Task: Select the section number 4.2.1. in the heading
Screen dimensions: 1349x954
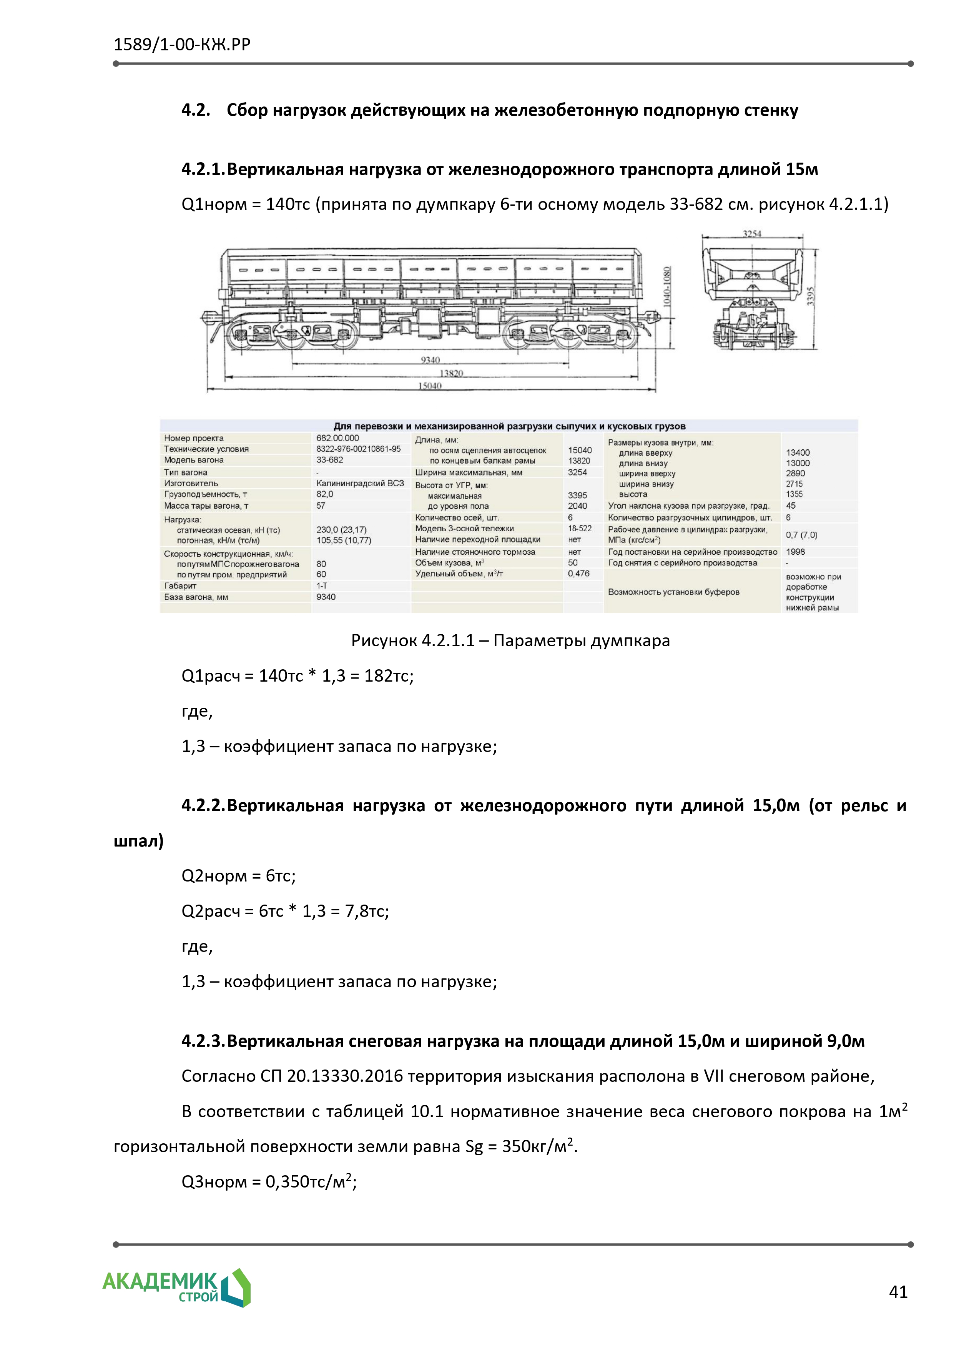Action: coord(203,170)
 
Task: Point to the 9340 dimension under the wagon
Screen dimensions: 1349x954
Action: coord(430,359)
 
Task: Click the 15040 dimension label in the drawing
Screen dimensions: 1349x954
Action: coord(430,386)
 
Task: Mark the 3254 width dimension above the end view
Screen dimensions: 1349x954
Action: coord(752,234)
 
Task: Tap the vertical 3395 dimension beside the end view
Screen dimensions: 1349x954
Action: coord(811,296)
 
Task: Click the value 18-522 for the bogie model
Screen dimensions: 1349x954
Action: coord(580,529)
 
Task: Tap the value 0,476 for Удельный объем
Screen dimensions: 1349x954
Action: coord(578,574)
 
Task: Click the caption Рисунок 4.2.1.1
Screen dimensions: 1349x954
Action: coord(510,641)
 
